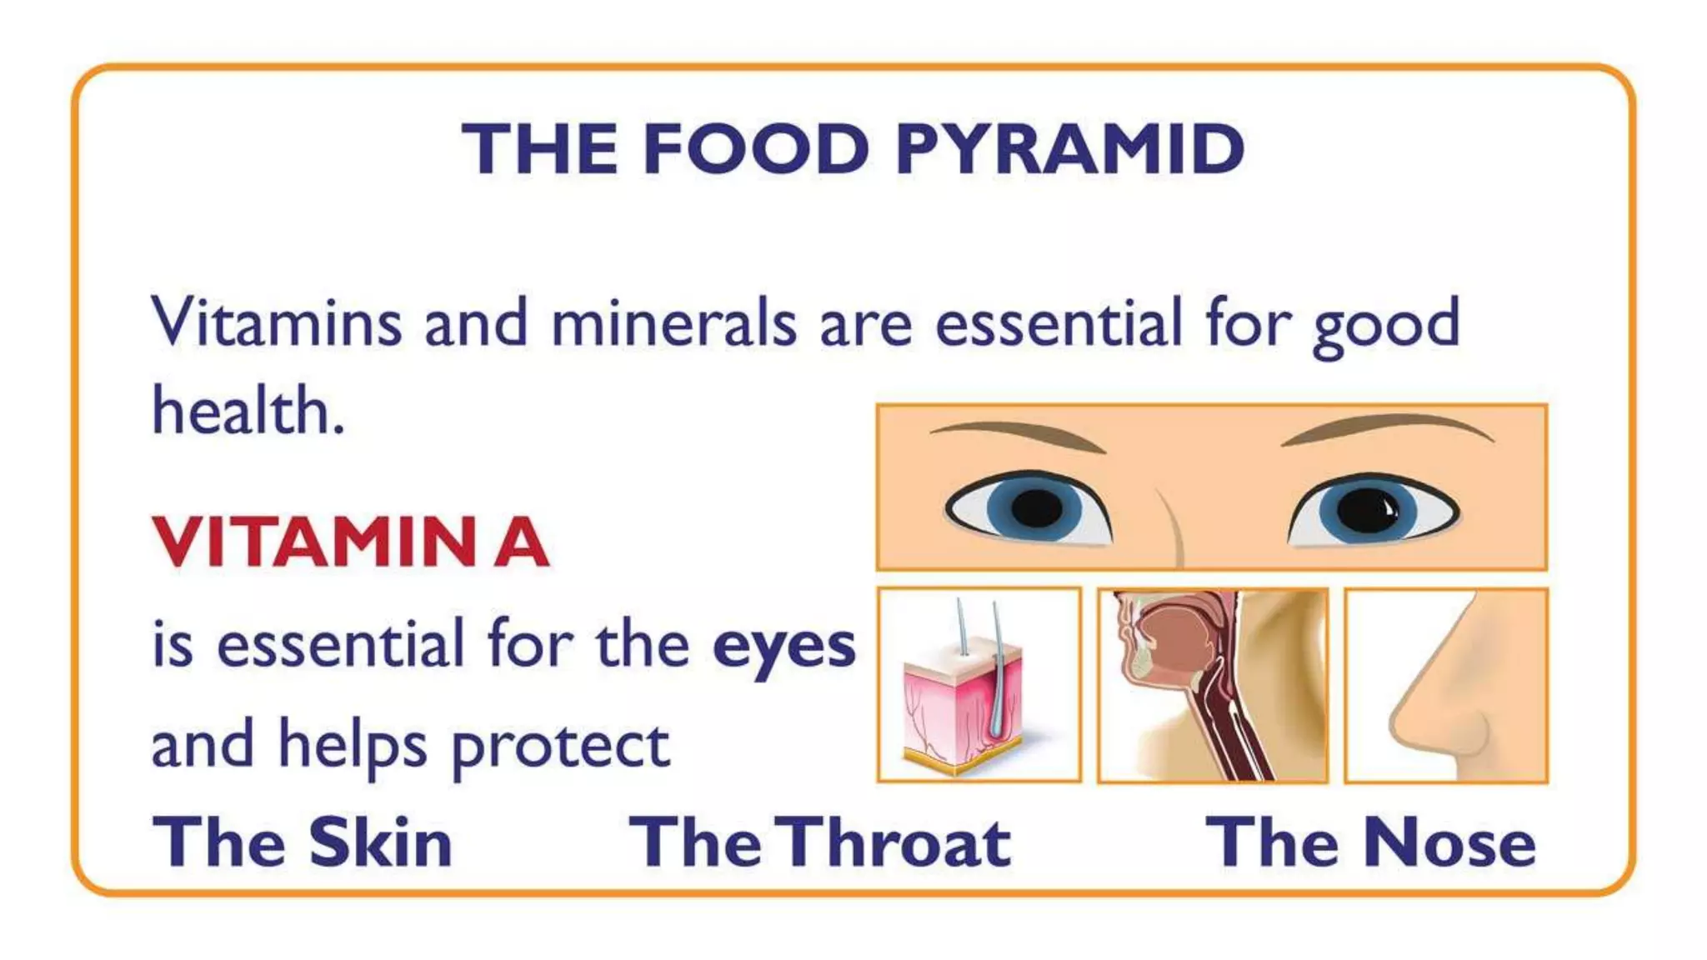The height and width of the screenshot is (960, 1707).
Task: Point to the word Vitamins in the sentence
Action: click(x=276, y=322)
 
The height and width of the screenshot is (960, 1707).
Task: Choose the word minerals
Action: click(x=673, y=322)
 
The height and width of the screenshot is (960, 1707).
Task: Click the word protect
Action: click(x=560, y=747)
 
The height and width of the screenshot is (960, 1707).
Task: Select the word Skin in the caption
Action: click(x=380, y=842)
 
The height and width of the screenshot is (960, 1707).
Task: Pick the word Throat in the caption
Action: click(x=897, y=842)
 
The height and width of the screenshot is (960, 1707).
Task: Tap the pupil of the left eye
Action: click(x=1036, y=507)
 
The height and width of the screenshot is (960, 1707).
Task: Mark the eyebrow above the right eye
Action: click(x=1389, y=427)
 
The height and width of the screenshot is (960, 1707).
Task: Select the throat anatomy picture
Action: click(x=1212, y=685)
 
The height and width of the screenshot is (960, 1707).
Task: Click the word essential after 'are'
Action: click(x=1059, y=322)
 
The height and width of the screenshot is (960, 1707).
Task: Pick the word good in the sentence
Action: click(x=1386, y=325)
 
